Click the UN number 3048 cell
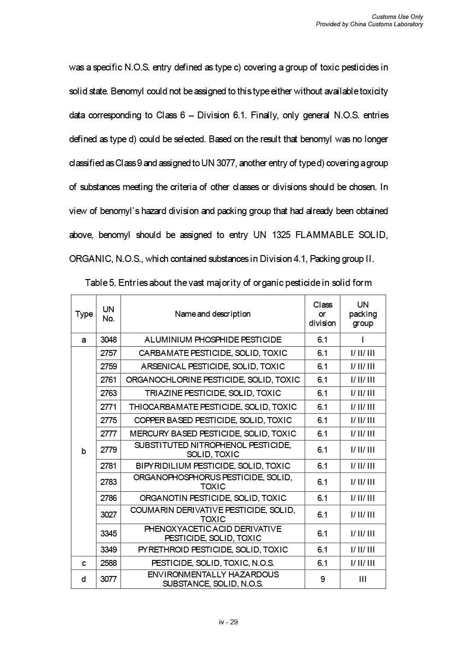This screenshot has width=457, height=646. [108, 340]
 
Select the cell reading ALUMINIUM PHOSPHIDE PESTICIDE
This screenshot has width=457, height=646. [213, 340]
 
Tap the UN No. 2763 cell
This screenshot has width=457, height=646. [108, 393]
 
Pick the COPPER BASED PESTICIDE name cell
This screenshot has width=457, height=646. [213, 420]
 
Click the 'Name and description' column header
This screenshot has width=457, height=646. [213, 314]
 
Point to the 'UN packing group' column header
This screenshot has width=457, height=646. [363, 314]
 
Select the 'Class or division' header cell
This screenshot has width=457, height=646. [322, 314]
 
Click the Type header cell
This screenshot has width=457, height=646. [84, 314]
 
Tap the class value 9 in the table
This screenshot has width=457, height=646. [322, 579]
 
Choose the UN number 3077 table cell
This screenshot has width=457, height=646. [108, 579]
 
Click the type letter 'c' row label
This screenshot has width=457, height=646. [84, 563]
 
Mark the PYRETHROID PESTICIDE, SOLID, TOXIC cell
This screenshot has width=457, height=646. [213, 550]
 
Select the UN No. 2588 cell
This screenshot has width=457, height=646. [108, 563]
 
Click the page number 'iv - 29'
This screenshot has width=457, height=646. [228, 622]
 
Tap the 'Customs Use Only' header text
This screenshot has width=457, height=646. [397, 17]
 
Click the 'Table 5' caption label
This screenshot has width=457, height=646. [100, 283]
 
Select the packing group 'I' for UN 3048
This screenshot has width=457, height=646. [363, 340]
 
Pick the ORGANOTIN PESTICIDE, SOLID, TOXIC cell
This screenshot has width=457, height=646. [213, 498]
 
